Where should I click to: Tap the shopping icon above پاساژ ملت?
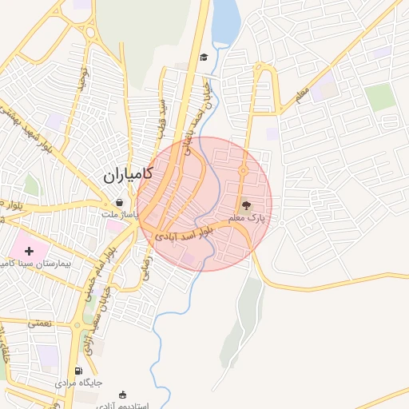click(119, 203)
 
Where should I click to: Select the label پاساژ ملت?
click(120, 215)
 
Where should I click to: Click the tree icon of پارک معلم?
click(245, 205)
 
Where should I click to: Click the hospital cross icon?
click(30, 252)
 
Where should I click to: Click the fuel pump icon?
click(77, 371)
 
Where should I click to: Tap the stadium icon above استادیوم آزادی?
click(122, 395)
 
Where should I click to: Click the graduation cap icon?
click(204, 58)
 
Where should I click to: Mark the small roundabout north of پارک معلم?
click(243, 170)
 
